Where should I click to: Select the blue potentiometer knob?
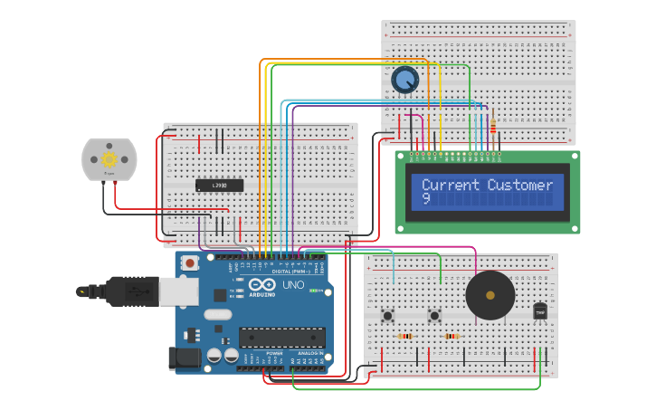click(x=405, y=81)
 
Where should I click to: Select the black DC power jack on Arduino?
click(x=185, y=358)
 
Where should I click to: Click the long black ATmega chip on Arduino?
click(x=281, y=337)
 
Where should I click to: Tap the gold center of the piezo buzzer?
click(x=490, y=295)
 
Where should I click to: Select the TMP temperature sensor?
click(x=541, y=310)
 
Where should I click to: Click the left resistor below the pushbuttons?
click(x=405, y=336)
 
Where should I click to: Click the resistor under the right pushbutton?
click(x=451, y=336)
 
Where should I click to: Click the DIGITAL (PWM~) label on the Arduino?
click(x=290, y=271)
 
